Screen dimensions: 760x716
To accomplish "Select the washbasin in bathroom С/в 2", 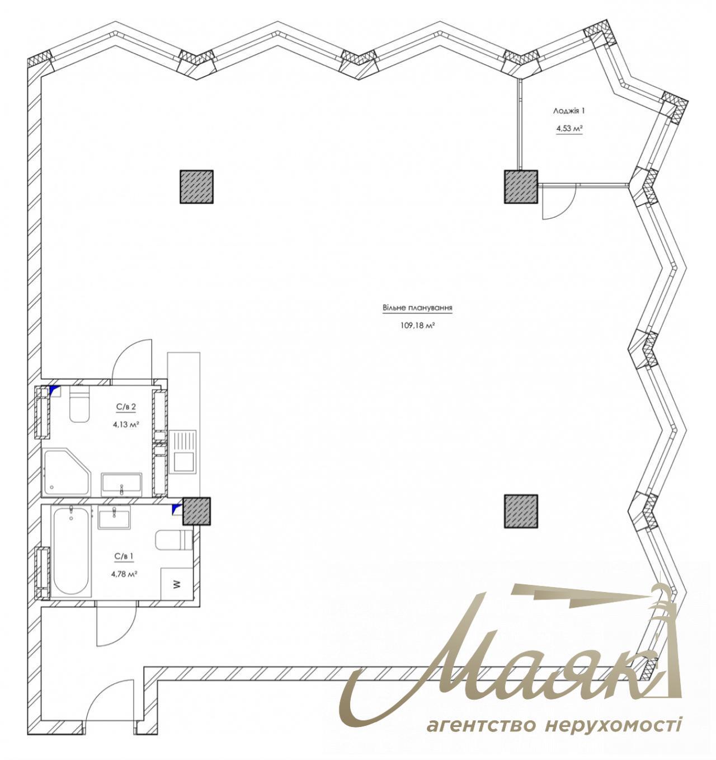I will coord(121,483).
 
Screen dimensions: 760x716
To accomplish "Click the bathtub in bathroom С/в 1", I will coord(71,551).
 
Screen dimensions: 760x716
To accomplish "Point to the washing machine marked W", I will coord(177,584).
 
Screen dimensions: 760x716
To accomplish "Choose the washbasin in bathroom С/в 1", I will coord(114,518).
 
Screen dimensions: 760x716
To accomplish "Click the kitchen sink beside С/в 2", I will coord(184,453).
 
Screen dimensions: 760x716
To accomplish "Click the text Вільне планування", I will coord(417,308).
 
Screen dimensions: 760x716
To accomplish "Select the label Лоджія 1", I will coord(569,111).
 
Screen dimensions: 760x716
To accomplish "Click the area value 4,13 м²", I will coord(126,424).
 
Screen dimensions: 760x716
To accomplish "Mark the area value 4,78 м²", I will coord(125,573).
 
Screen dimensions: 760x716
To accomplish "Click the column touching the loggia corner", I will coord(521,187).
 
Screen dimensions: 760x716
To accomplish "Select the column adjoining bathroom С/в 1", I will coord(196,511).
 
